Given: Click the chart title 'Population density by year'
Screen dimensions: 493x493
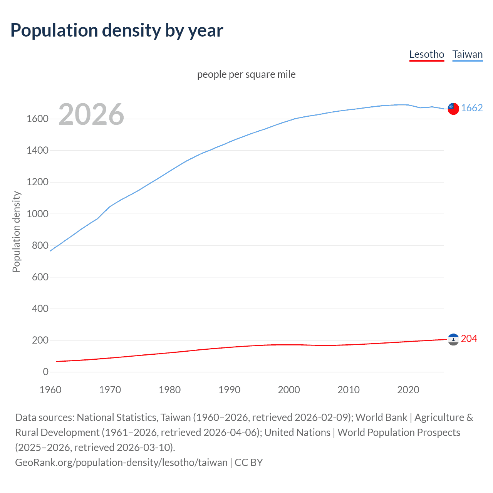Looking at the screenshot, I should pyautogui.click(x=117, y=30).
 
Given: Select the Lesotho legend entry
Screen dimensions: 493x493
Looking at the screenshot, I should pyautogui.click(x=426, y=54).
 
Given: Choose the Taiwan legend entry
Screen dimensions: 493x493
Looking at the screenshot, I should pyautogui.click(x=467, y=54).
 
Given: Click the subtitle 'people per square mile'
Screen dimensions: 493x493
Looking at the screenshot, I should pyautogui.click(x=246, y=74).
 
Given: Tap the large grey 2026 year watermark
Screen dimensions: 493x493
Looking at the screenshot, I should pyautogui.click(x=91, y=114).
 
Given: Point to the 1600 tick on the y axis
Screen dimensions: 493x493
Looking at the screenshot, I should pyautogui.click(x=37, y=119).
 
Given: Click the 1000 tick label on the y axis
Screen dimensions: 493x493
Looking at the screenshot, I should pyautogui.click(x=37, y=214).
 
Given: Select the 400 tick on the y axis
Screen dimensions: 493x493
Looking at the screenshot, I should pyautogui.click(x=40, y=309).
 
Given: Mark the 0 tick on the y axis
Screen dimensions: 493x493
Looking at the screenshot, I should pyautogui.click(x=45, y=372).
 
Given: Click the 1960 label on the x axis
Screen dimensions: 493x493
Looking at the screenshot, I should pyautogui.click(x=50, y=390).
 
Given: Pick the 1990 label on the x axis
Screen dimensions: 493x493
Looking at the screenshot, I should pyautogui.click(x=229, y=390).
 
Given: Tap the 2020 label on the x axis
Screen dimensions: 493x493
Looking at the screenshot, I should pyautogui.click(x=408, y=390).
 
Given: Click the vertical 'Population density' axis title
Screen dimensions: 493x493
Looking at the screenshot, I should pyautogui.click(x=16, y=231).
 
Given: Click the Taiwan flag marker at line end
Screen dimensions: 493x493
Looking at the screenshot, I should pyautogui.click(x=453, y=109).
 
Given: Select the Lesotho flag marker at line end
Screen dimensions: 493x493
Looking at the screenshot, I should pyautogui.click(x=453, y=339).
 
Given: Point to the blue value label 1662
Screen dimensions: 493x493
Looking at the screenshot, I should pyautogui.click(x=472, y=108).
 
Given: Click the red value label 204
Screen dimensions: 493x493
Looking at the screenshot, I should pyautogui.click(x=469, y=339).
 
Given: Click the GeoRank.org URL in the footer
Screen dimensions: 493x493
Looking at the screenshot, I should pyautogui.click(x=121, y=463).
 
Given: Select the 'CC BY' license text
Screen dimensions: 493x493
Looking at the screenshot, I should pyautogui.click(x=249, y=463).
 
